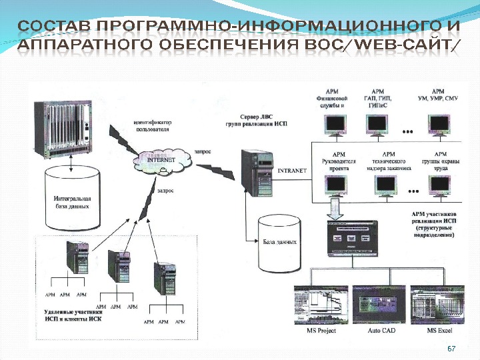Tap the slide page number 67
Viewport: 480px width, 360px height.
[x=451, y=349]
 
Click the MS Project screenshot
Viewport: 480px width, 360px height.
[x=320, y=305]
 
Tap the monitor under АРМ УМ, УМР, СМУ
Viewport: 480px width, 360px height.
[x=439, y=123]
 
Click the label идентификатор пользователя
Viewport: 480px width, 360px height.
[x=153, y=126]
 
